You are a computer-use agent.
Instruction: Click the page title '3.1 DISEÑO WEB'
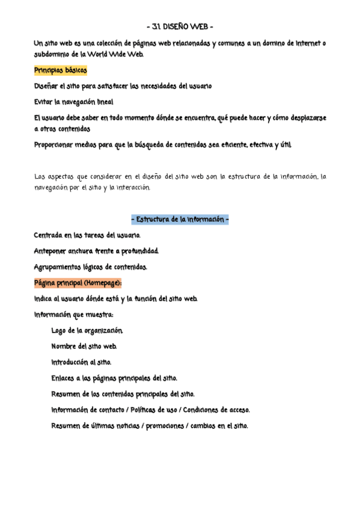(180, 27)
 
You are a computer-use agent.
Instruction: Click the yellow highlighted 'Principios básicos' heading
(61, 70)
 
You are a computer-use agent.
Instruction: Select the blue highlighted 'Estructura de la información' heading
(180, 220)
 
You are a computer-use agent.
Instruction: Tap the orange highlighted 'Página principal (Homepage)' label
(78, 283)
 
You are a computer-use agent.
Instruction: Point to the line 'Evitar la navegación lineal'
(73, 102)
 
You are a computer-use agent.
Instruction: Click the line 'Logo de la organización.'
(87, 331)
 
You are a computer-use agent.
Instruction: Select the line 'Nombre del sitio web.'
(84, 346)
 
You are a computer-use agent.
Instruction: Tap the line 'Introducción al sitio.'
(81, 362)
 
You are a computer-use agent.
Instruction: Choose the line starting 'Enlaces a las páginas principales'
(114, 378)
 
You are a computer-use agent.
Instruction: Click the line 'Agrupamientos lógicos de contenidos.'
(90, 266)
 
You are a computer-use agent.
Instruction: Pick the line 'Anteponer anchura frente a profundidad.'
(96, 251)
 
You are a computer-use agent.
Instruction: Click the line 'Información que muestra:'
(74, 315)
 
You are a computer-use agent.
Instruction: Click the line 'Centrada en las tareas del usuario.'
(87, 235)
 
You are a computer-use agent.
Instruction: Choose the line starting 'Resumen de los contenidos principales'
(123, 395)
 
